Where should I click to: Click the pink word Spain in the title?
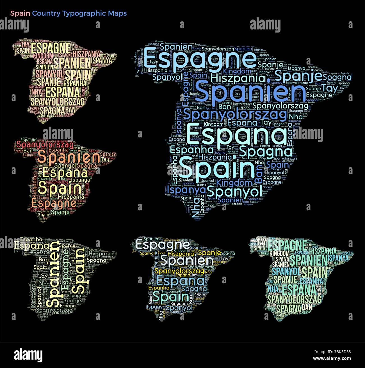tap(20, 13)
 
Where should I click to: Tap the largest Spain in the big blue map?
tap(215, 169)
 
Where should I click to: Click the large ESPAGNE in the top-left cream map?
tap(51, 48)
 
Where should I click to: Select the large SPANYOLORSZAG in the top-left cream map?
tap(58, 102)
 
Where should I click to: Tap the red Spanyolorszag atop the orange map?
tap(45, 145)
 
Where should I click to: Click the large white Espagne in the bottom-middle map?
tap(163, 244)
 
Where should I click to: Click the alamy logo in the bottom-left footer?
tap(28, 355)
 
